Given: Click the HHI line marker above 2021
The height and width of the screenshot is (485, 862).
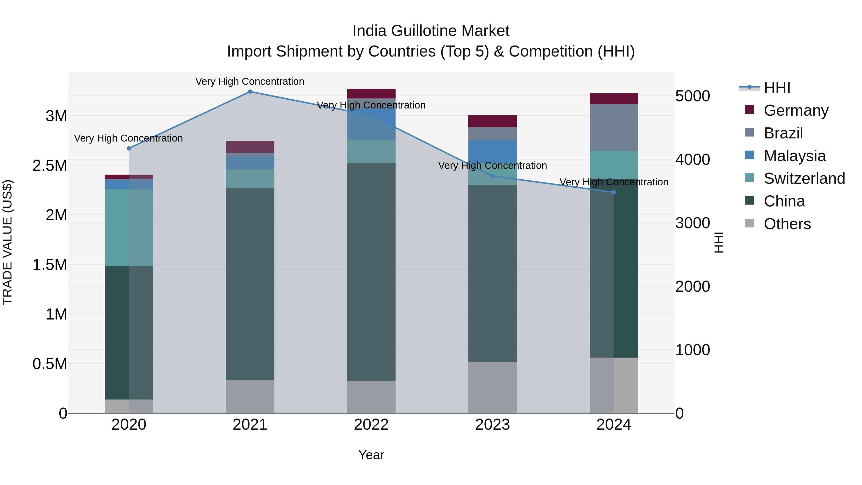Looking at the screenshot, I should [x=250, y=92].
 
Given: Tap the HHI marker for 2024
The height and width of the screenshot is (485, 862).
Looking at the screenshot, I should [x=613, y=193].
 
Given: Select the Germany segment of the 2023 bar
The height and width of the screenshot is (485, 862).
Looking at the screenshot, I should [x=492, y=121].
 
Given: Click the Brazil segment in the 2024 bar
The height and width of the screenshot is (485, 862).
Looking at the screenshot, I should [x=613, y=127].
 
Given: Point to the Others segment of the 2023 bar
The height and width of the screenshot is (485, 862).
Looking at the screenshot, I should [x=492, y=387].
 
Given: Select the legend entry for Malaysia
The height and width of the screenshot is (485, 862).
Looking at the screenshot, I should [x=794, y=156].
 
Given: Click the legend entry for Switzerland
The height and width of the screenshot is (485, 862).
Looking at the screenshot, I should [x=804, y=178].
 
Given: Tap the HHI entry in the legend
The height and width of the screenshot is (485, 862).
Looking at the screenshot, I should [x=777, y=88].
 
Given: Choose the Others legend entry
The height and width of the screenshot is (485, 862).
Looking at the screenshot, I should [x=787, y=224].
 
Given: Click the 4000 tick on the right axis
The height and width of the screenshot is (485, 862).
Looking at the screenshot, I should [x=692, y=160].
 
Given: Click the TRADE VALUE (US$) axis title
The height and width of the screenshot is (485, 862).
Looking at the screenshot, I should [x=7, y=242].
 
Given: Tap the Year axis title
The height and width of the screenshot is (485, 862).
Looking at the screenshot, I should [x=371, y=455].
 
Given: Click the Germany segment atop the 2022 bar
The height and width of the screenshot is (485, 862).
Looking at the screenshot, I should [x=371, y=93].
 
